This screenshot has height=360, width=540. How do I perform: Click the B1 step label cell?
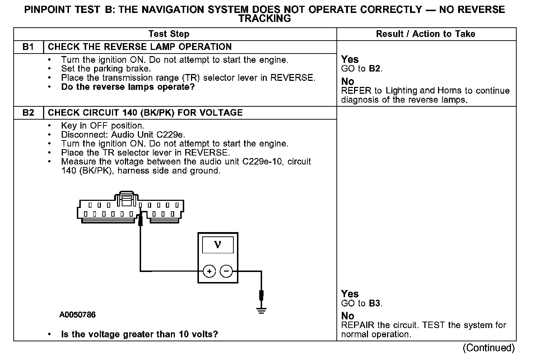(x=28, y=47)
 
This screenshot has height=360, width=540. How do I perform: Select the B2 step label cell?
(x=28, y=113)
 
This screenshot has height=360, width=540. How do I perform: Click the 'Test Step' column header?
(x=169, y=34)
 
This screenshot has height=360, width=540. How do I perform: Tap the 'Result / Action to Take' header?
(x=425, y=34)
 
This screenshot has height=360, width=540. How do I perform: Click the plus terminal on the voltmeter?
(x=209, y=271)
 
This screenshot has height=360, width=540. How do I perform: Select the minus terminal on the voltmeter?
(x=226, y=271)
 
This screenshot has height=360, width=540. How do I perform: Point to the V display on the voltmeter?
(x=218, y=245)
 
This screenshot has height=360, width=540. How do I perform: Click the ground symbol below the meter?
(x=262, y=311)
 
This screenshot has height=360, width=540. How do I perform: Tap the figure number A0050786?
(x=78, y=315)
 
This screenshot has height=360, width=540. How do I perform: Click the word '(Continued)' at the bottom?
(x=489, y=348)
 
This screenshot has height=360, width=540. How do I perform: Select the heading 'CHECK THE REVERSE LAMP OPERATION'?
(x=140, y=47)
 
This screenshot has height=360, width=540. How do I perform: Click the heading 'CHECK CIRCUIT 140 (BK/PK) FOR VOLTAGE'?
(x=145, y=113)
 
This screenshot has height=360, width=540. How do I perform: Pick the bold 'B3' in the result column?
(x=374, y=303)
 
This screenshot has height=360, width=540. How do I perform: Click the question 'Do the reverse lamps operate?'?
(x=128, y=87)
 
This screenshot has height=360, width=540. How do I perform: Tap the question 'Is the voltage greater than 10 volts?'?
(x=139, y=334)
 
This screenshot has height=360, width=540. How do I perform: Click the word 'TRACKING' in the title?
(x=265, y=19)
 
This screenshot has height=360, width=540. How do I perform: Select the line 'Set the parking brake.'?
(x=106, y=69)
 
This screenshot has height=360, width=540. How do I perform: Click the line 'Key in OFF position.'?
(x=102, y=126)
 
